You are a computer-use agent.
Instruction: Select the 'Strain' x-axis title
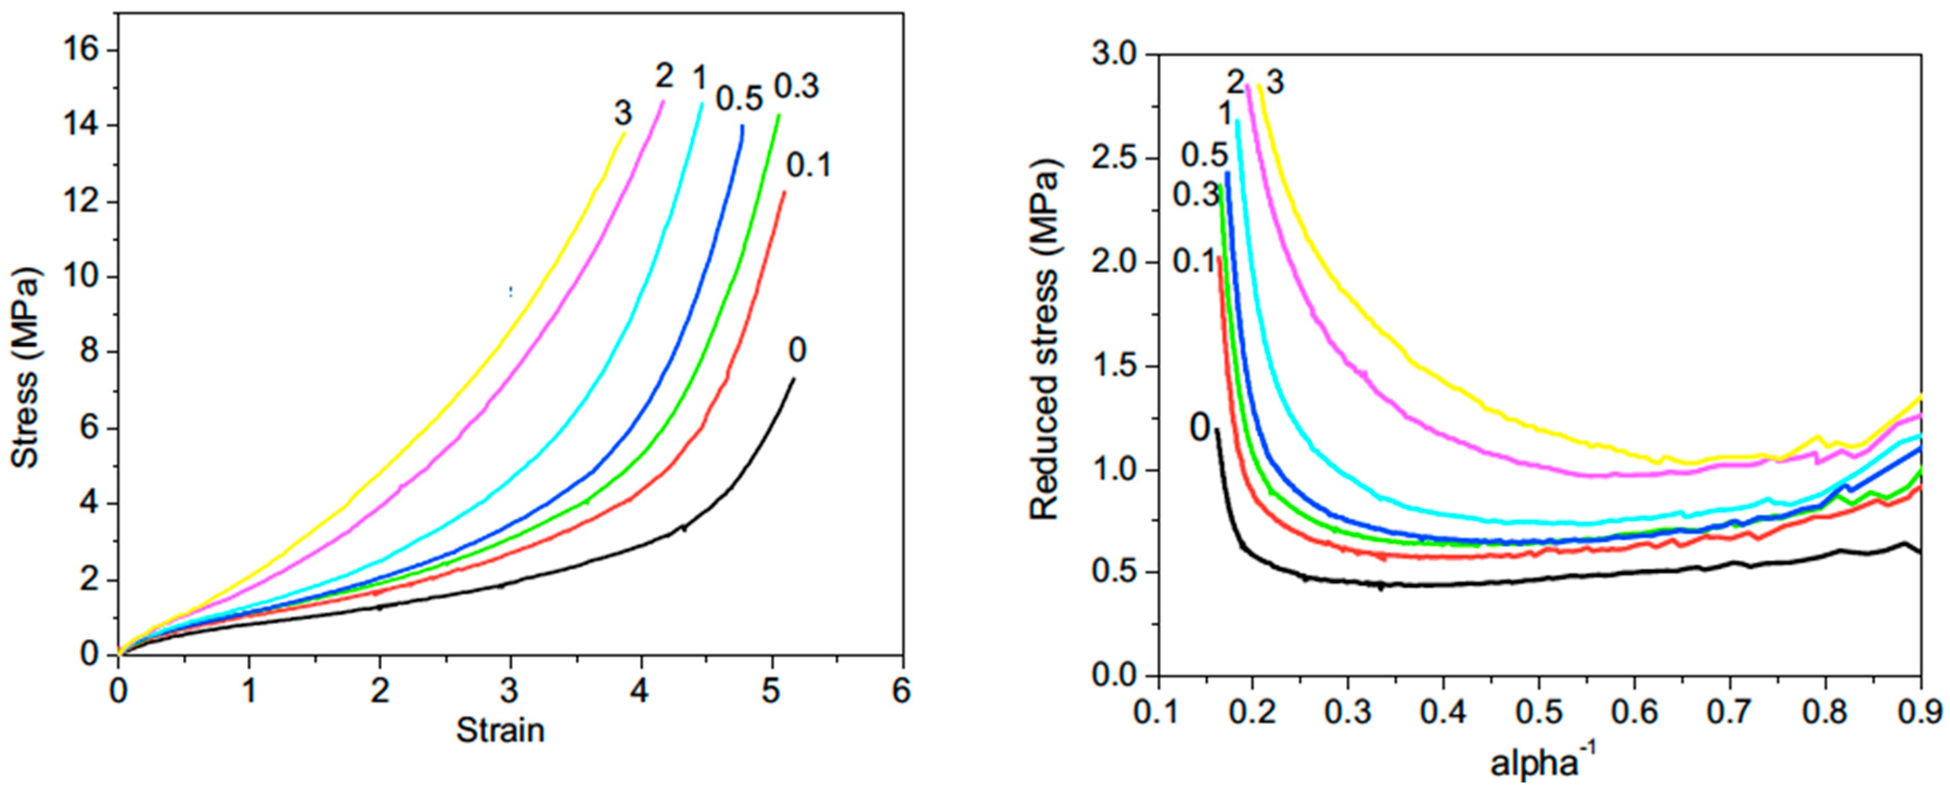coord(501,730)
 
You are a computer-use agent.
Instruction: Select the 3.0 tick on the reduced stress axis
coord(1116,55)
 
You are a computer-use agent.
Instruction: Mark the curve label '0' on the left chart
coord(797,351)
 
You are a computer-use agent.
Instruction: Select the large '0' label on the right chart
coord(1201,428)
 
